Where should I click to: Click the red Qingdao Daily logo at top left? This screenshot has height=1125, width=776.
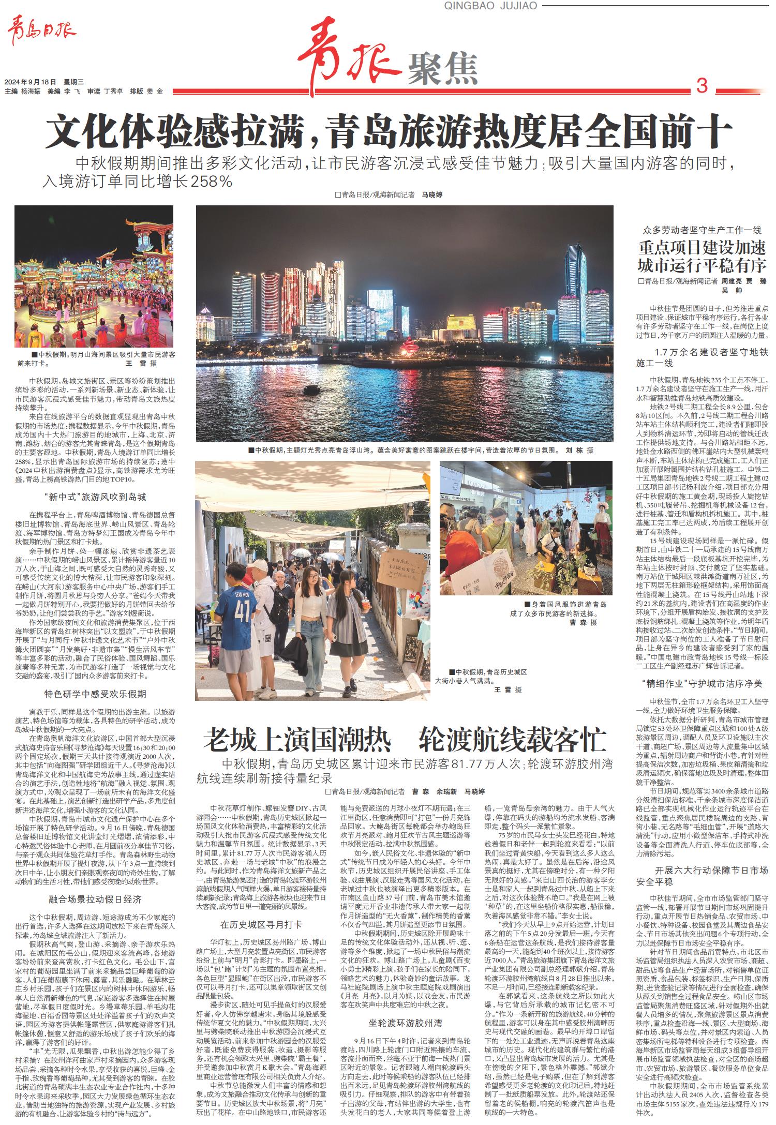coord(41,32)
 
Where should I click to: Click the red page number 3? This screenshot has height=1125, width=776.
coord(702,86)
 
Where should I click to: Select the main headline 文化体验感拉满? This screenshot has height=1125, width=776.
coord(178,133)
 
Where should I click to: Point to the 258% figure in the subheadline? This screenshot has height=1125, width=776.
coord(212,182)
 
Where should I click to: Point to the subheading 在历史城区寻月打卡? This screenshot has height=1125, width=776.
coord(261,925)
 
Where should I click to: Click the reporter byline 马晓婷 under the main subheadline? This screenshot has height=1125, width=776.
coord(432,195)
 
